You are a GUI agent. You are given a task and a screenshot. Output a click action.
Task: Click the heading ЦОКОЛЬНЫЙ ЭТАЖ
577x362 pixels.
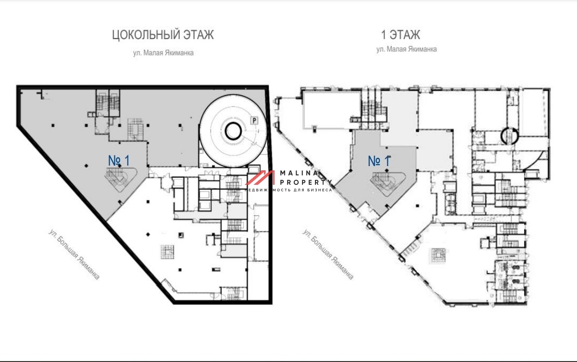pyautogui.click(x=163, y=35)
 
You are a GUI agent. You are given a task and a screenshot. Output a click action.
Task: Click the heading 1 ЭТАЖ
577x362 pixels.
pyautogui.click(x=401, y=35)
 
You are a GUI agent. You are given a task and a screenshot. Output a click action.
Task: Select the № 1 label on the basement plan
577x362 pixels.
pyautogui.click(x=119, y=161)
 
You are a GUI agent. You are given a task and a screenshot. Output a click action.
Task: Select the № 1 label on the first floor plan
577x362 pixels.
pyautogui.click(x=379, y=161)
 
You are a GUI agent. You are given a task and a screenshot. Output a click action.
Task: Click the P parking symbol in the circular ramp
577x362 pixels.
pyautogui.click(x=254, y=120)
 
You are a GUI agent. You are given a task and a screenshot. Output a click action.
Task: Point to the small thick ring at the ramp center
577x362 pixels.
pyautogui.click(x=233, y=131)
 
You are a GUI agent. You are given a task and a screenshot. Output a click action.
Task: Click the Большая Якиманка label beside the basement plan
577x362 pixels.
pyautogui.click(x=74, y=254)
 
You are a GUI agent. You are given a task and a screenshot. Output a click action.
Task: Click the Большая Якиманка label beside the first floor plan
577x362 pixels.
pyautogui.click(x=328, y=254)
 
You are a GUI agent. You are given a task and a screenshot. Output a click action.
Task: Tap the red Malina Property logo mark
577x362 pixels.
pyautogui.click(x=260, y=178)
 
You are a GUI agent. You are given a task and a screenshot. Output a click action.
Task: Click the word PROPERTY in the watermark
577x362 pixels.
pyautogui.click(x=306, y=182)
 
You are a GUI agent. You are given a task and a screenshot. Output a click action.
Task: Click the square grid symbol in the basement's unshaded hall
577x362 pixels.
pyautogui.click(x=167, y=252)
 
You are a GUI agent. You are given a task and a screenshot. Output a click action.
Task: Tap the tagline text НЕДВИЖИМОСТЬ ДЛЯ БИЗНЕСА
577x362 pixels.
pyautogui.click(x=288, y=190)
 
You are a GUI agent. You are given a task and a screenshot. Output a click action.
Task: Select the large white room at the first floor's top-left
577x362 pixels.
pyautogui.click(x=331, y=110)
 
